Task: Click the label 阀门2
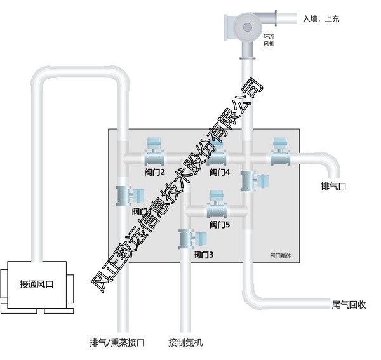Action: [x=154, y=172]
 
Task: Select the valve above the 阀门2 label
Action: [x=154, y=153]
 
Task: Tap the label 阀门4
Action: [x=219, y=172]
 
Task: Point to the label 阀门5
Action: [x=219, y=225]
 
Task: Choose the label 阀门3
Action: [x=203, y=255]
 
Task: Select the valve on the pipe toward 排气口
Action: [x=279, y=153]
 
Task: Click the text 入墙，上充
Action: [x=321, y=20]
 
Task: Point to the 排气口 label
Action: [x=333, y=187]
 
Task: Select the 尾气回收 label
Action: [x=349, y=303]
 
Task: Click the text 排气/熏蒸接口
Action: [x=117, y=343]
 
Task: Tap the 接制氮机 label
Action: [x=186, y=343]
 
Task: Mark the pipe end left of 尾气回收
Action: [x=317, y=304]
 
